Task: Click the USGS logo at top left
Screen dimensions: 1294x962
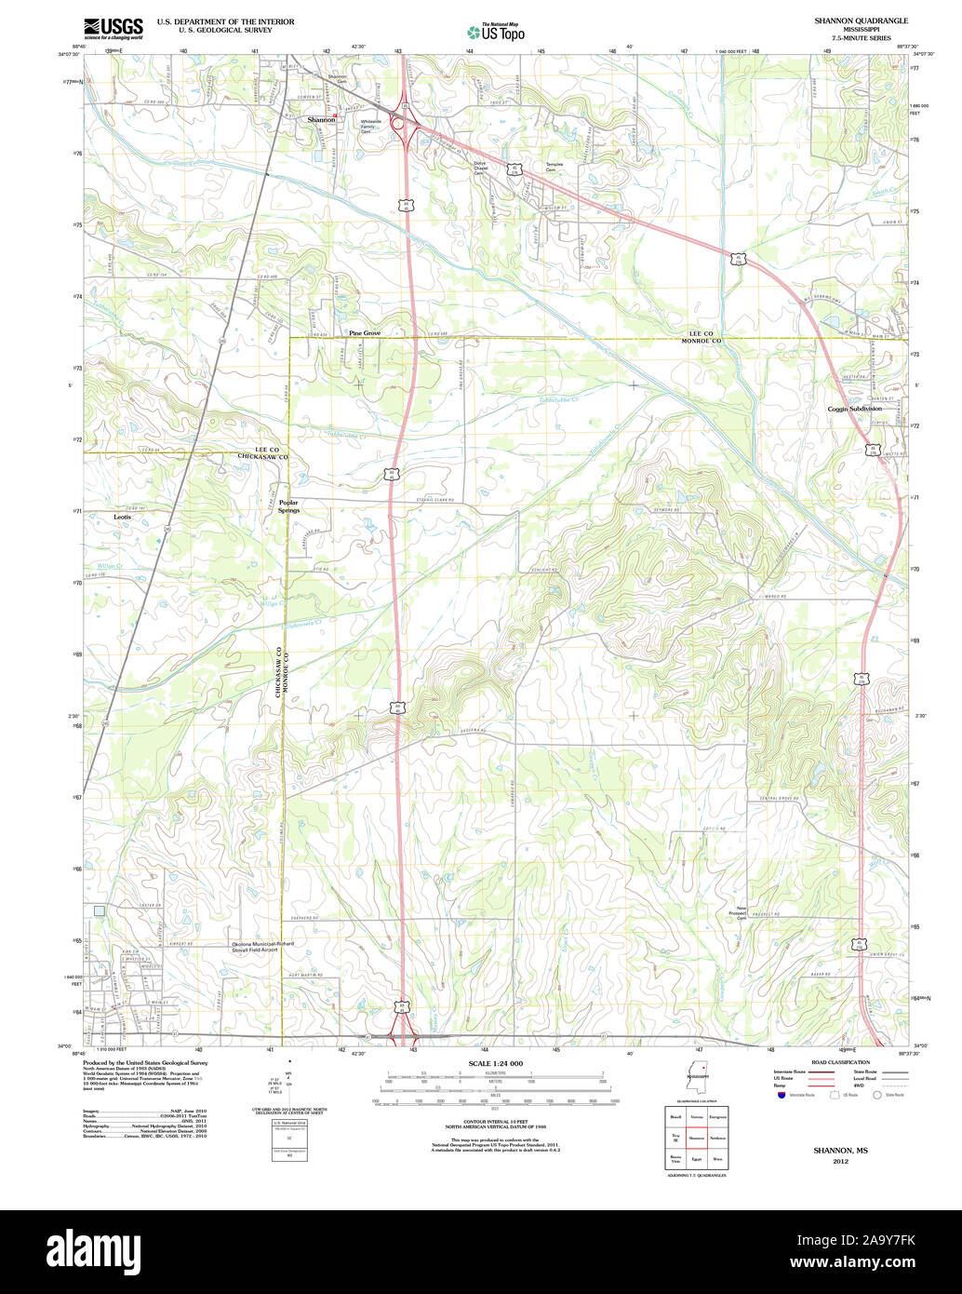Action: coord(114,27)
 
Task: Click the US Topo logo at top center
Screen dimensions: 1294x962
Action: coord(496,32)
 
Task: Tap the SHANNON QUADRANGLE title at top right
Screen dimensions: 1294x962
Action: coord(848,20)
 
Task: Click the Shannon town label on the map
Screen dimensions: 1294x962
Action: coord(321,120)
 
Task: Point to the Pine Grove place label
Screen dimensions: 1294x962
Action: coord(365,332)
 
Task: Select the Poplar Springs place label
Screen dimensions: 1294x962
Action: coord(288,506)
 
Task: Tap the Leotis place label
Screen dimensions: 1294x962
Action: coord(123,517)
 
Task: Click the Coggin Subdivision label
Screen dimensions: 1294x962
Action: coord(854,409)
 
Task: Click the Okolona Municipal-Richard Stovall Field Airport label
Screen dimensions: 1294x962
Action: coord(262,946)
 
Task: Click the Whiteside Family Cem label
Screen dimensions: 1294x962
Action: coord(371,128)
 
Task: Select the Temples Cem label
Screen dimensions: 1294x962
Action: coord(554,167)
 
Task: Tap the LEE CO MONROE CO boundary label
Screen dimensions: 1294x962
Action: coord(701,337)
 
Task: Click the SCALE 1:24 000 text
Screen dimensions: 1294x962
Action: coord(495,1063)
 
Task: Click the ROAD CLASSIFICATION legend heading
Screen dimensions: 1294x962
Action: coord(840,1062)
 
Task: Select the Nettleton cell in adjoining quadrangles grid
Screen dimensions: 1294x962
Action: coord(717,1138)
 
